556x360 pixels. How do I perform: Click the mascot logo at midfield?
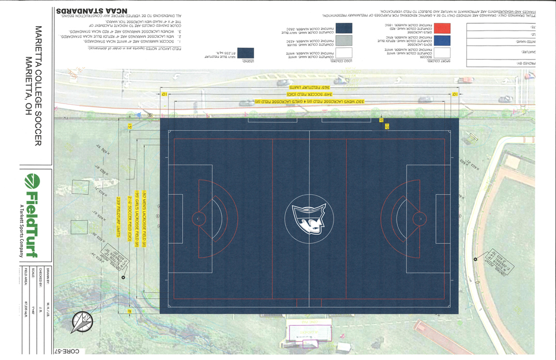(309, 218)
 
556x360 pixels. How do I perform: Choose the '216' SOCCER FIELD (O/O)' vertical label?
(125, 218)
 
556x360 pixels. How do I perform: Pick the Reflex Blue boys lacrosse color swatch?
(442, 40)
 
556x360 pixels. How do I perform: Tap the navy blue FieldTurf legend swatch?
(245, 53)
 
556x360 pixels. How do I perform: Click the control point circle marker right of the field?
(475, 259)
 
